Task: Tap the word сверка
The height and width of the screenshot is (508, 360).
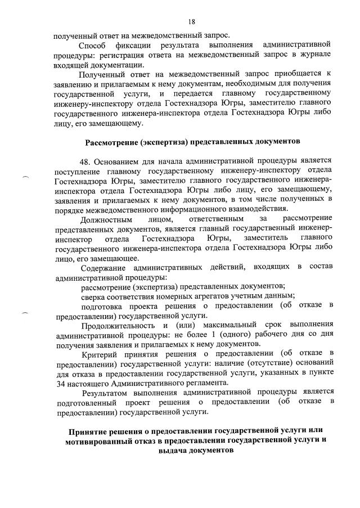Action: pyautogui.click(x=93, y=295)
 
